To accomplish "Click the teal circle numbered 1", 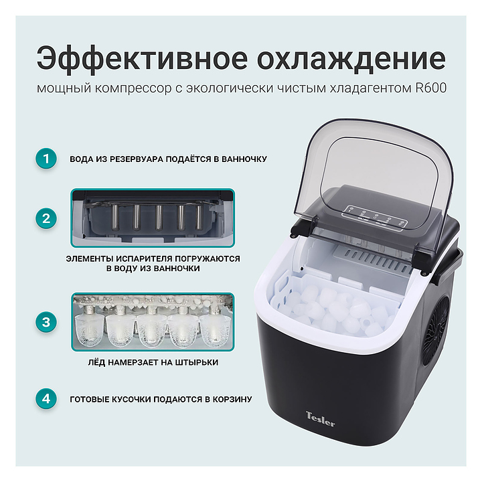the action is click(x=46, y=159).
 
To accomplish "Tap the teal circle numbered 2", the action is click(x=46, y=218).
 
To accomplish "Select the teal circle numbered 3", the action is click(x=46, y=322).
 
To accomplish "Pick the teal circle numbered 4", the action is click(x=46, y=399).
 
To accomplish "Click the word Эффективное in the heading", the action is click(x=142, y=58).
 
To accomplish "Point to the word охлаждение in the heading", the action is click(x=351, y=58).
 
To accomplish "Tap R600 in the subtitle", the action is click(x=431, y=88).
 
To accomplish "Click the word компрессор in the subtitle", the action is click(x=133, y=88).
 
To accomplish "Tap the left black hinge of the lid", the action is click(x=305, y=227).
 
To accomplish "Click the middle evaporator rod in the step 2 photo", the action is click(x=159, y=218).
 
